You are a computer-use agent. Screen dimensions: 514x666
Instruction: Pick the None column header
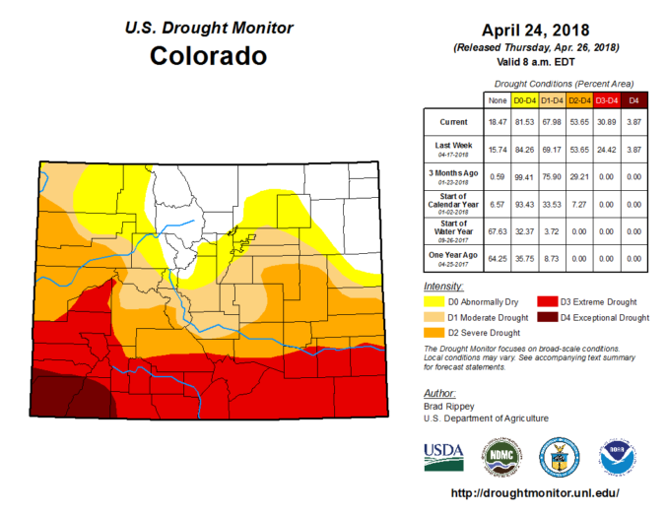coord(496,99)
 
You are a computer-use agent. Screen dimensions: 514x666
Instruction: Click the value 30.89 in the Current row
coord(606,121)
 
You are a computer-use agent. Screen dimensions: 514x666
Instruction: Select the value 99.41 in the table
coord(523,176)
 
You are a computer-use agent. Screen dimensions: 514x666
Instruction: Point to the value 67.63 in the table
coord(496,231)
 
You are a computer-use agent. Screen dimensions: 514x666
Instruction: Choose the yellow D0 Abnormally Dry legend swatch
coord(433,301)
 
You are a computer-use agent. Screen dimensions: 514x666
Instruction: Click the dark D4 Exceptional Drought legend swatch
coord(545,318)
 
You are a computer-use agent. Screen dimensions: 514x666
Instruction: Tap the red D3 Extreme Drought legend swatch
coord(545,301)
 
